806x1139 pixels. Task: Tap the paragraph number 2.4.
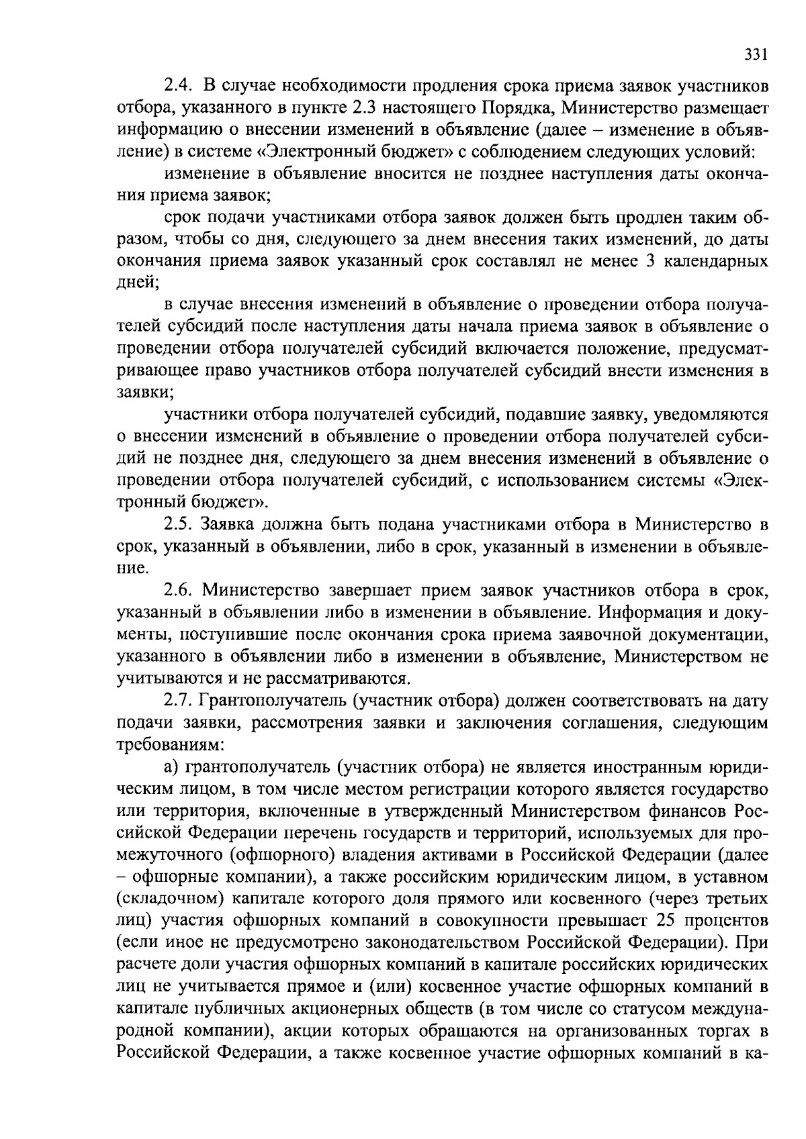(x=178, y=87)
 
